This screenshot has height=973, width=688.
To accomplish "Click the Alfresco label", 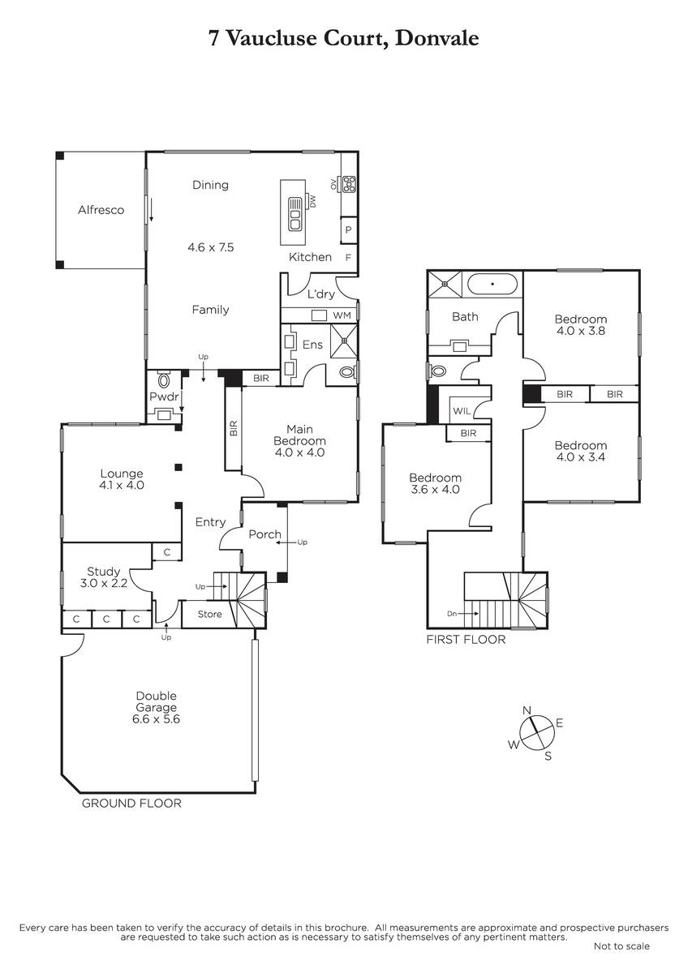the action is (x=101, y=210).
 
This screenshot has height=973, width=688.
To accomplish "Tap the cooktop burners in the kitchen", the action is (x=349, y=184).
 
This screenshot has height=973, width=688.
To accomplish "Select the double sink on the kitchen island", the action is (x=295, y=214).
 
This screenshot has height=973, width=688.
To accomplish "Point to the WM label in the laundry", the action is (x=342, y=315).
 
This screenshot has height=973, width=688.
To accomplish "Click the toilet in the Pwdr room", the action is (x=164, y=379).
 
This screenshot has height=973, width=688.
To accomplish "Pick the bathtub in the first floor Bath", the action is (x=492, y=284).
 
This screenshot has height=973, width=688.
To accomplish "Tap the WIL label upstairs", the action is (x=462, y=411).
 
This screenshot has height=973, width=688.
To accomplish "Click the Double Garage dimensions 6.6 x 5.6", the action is (x=156, y=719).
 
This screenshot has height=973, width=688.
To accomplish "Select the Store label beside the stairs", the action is (x=209, y=614).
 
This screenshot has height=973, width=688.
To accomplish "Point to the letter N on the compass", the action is (x=527, y=710).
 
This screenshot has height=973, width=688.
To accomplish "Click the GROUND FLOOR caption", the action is (x=131, y=804).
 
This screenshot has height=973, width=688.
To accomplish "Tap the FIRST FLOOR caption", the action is (x=466, y=640).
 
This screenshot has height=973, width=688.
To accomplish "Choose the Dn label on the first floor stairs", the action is (x=452, y=614).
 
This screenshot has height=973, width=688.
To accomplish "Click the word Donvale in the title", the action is (x=436, y=38).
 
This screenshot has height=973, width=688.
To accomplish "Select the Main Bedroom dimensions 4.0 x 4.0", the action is (x=299, y=452).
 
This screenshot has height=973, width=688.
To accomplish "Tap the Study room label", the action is (x=103, y=572).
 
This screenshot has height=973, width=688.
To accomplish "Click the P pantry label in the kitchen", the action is (x=348, y=229).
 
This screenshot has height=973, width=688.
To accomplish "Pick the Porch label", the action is (x=264, y=534).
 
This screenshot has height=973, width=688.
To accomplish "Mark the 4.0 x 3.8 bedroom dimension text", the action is (x=580, y=331).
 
